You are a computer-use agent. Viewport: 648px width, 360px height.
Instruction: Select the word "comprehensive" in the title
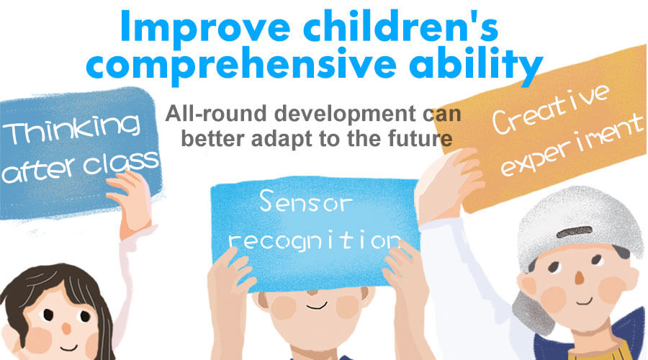pos(241,66)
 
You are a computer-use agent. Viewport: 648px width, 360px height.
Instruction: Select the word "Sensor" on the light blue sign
pos(306,202)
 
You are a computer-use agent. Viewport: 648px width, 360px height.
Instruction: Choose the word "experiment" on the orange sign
pos(572,146)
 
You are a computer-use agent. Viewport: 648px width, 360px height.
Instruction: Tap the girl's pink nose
pos(66,328)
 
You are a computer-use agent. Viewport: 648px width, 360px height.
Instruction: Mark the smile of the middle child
pos(317,307)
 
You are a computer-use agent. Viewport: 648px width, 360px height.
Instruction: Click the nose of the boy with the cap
pos(580,278)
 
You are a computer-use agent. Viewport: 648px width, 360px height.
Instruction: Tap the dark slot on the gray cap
pos(575,232)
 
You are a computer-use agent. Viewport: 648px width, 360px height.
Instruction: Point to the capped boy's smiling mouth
pos(585,301)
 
